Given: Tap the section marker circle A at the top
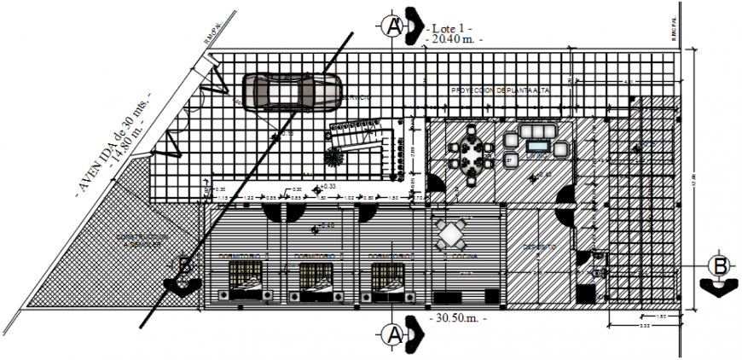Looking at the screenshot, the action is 391,25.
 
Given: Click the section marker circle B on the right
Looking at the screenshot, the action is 721,266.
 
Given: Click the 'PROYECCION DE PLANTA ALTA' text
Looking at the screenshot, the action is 501,90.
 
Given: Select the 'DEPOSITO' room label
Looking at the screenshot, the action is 538,247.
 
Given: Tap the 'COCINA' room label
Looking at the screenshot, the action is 458,255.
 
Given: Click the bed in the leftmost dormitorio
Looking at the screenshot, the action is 246,282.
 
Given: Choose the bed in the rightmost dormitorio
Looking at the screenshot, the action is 391,282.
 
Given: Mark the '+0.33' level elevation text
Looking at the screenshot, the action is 326,187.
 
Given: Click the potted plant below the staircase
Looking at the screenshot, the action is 332,158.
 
